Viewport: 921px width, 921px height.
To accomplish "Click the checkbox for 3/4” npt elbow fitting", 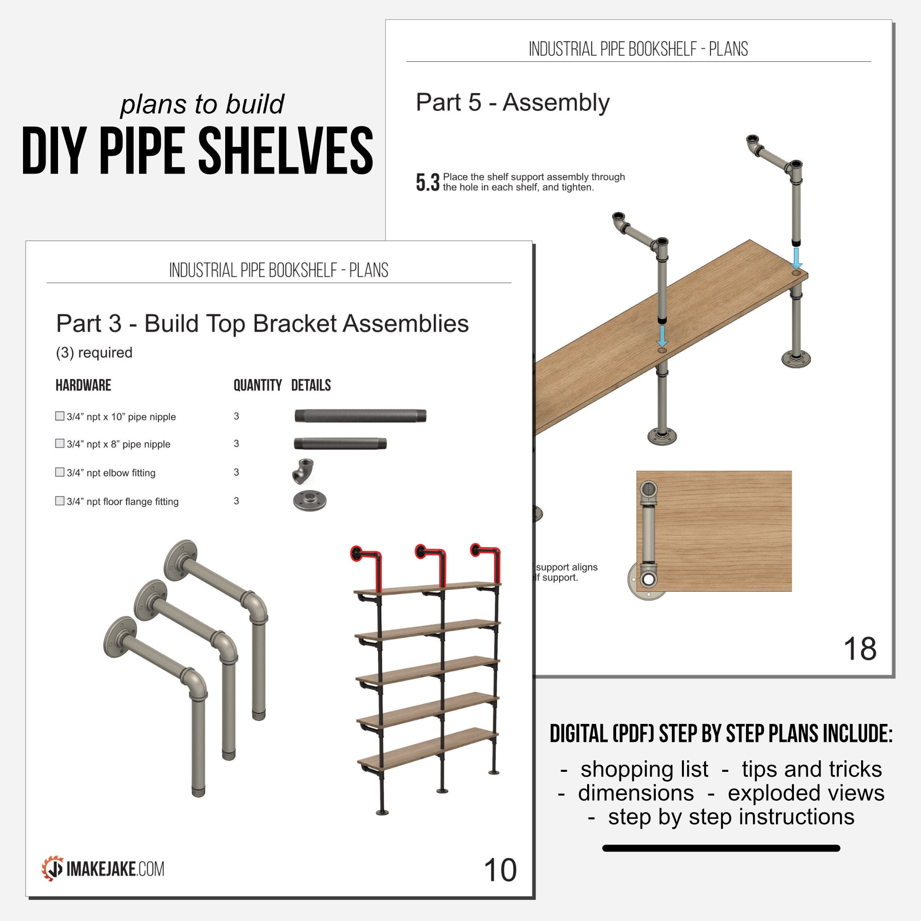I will click(x=59, y=472).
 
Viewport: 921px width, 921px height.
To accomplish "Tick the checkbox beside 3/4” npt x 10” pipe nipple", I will click(x=59, y=416).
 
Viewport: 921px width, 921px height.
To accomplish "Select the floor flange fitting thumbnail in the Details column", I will click(x=309, y=501).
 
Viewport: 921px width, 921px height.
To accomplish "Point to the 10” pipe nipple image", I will click(x=360, y=416).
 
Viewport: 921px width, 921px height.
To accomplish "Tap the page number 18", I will click(x=859, y=649).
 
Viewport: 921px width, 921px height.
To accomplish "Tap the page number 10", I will click(x=500, y=869).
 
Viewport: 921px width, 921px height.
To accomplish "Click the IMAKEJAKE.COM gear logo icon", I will click(x=52, y=868).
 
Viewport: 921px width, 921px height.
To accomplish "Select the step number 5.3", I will click(x=427, y=182).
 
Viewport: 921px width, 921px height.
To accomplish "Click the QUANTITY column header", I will click(x=257, y=385).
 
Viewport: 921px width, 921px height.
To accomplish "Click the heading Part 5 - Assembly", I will click(x=513, y=103).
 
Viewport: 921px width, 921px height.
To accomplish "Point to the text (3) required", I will click(x=94, y=353).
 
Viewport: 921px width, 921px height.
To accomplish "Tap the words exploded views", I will click(x=805, y=793).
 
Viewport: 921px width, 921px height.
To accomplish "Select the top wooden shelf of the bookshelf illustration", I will click(x=427, y=588).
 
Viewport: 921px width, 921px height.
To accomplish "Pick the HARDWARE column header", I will click(x=83, y=385).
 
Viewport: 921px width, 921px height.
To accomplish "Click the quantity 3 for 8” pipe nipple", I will click(x=236, y=443).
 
